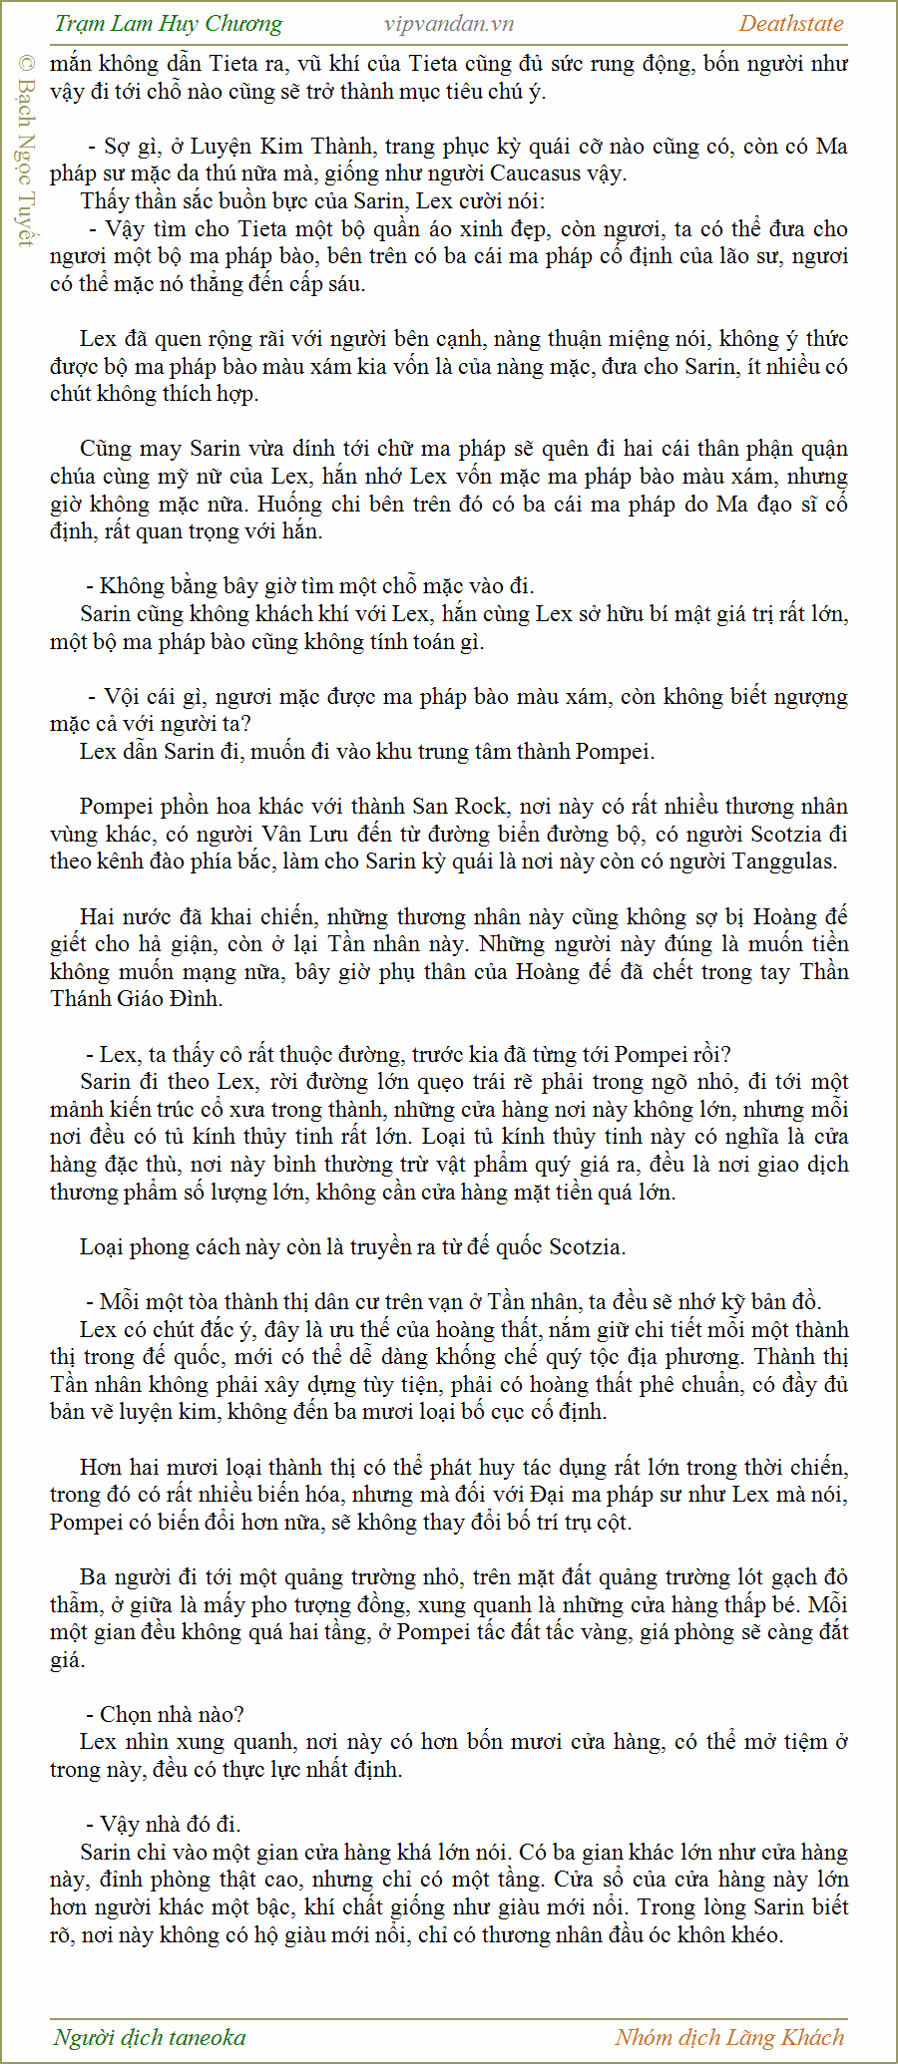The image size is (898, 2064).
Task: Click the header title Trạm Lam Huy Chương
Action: [x=169, y=24]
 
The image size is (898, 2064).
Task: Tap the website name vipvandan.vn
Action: [x=449, y=24]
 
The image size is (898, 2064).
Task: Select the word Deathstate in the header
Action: [x=791, y=24]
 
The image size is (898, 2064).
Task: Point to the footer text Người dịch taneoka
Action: [x=150, y=2037]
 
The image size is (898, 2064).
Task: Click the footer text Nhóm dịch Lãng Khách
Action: [x=729, y=2037]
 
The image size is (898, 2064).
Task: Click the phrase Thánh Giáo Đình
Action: [x=137, y=999]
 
